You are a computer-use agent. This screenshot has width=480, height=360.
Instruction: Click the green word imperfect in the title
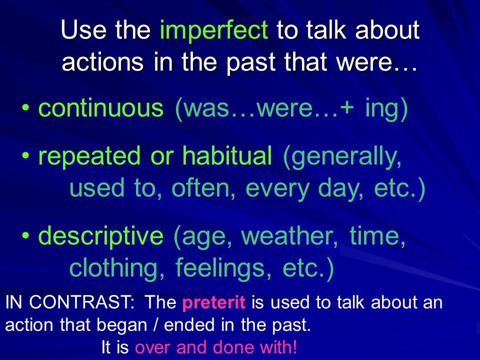(x=214, y=31)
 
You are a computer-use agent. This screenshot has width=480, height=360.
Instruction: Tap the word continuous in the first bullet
(x=101, y=108)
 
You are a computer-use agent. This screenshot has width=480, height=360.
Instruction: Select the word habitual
(x=227, y=155)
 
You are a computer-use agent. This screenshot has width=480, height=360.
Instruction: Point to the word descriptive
(x=100, y=236)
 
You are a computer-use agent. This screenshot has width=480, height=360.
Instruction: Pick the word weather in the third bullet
(x=289, y=236)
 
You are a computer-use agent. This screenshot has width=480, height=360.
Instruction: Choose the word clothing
(x=117, y=268)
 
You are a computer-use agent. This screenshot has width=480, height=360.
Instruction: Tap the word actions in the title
(x=102, y=62)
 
